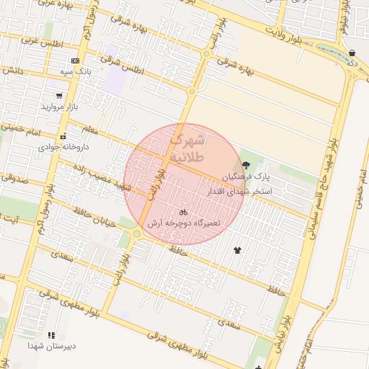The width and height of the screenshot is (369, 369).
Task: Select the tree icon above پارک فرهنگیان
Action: point(246,166)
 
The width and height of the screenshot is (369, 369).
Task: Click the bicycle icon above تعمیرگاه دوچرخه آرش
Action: point(183,213)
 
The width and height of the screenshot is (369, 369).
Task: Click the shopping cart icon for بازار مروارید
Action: point(58,95)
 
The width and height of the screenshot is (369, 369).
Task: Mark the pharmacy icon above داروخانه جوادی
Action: point(63,136)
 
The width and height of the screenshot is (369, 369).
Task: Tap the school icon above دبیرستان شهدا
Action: point(51,335)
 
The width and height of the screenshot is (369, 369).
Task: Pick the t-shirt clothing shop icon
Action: point(237,249)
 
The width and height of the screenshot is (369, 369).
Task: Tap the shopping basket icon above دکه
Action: point(352,53)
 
